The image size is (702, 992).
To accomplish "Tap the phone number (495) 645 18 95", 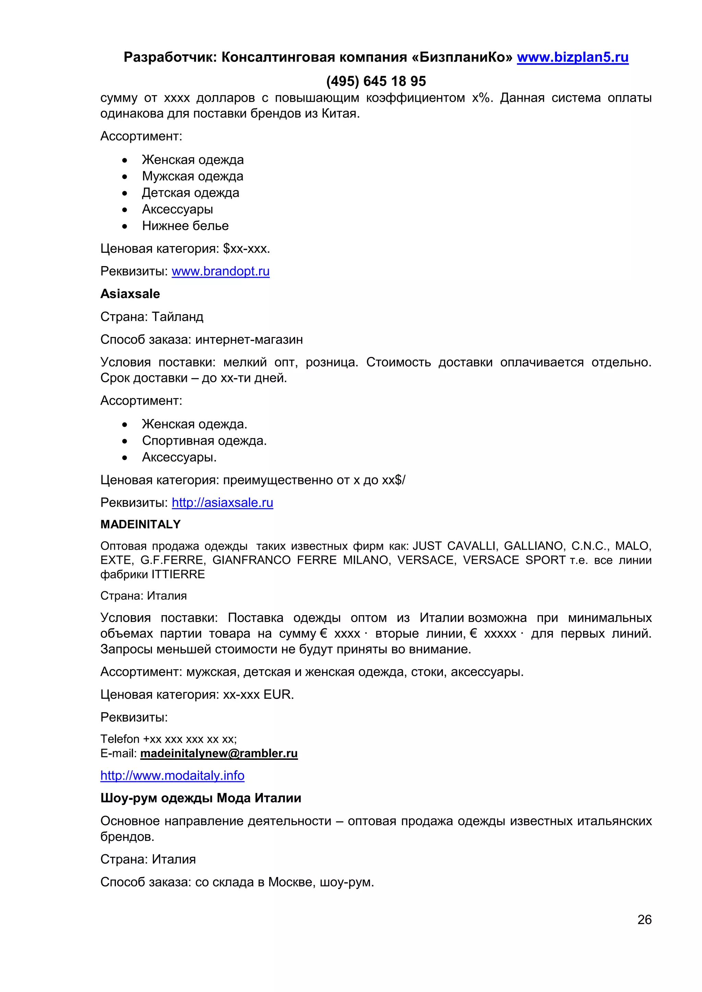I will [x=376, y=81].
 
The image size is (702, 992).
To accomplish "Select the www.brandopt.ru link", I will [x=220, y=271].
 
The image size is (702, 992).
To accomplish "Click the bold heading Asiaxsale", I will [x=130, y=294].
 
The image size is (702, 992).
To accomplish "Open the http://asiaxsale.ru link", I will [x=222, y=503].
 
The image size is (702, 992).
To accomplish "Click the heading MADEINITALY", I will [x=141, y=524].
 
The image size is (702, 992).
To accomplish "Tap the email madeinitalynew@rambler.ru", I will [x=219, y=754].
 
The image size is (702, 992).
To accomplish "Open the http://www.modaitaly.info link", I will [x=172, y=776].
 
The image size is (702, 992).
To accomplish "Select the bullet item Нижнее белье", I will [x=185, y=226].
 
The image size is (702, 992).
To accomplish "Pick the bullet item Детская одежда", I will [x=190, y=193].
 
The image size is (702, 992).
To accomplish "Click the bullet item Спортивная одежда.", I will [x=204, y=441].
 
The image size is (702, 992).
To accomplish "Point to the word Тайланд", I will [x=177, y=317].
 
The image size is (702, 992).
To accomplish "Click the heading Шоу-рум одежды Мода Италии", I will [x=201, y=798].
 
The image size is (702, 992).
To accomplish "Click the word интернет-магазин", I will [x=249, y=339].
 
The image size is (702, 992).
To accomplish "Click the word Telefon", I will [x=120, y=739].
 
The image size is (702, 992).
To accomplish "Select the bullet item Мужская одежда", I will [x=192, y=176].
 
